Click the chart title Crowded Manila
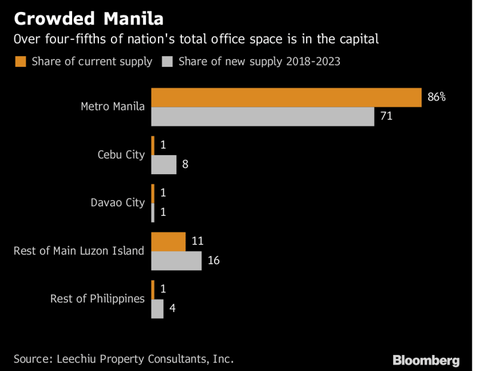[x=88, y=18]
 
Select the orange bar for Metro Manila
[x=286, y=97]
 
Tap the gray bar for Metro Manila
[x=262, y=116]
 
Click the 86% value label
[x=437, y=97]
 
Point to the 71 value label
[x=386, y=116]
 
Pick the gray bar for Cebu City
[x=164, y=164]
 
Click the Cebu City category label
[x=121, y=154]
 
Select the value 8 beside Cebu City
[x=185, y=164]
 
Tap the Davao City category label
[x=117, y=202]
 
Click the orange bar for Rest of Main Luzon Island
[x=168, y=242]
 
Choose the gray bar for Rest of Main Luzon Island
[x=176, y=261]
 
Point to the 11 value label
[x=197, y=242]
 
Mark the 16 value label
[x=214, y=261]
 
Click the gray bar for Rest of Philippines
[x=157, y=308]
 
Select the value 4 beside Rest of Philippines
[x=172, y=308]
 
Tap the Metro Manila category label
[x=113, y=107]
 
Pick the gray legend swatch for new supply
[x=166, y=61]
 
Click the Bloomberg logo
[x=426, y=360]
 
